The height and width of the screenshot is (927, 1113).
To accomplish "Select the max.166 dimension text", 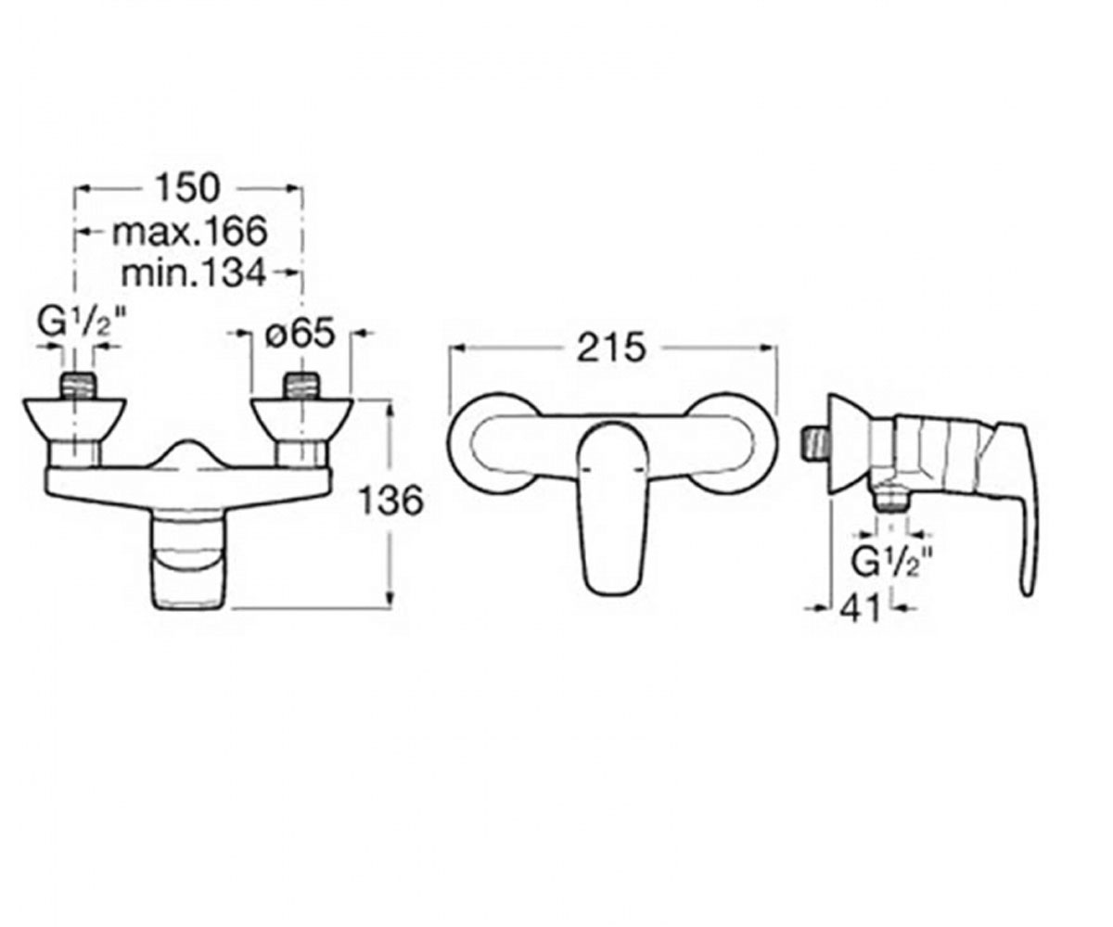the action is tap(189, 232).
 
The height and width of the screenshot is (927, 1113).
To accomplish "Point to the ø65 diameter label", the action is tap(301, 333).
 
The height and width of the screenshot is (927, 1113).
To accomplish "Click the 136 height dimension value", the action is tap(391, 501).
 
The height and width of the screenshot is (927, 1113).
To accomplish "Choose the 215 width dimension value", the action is tap(611, 348).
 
